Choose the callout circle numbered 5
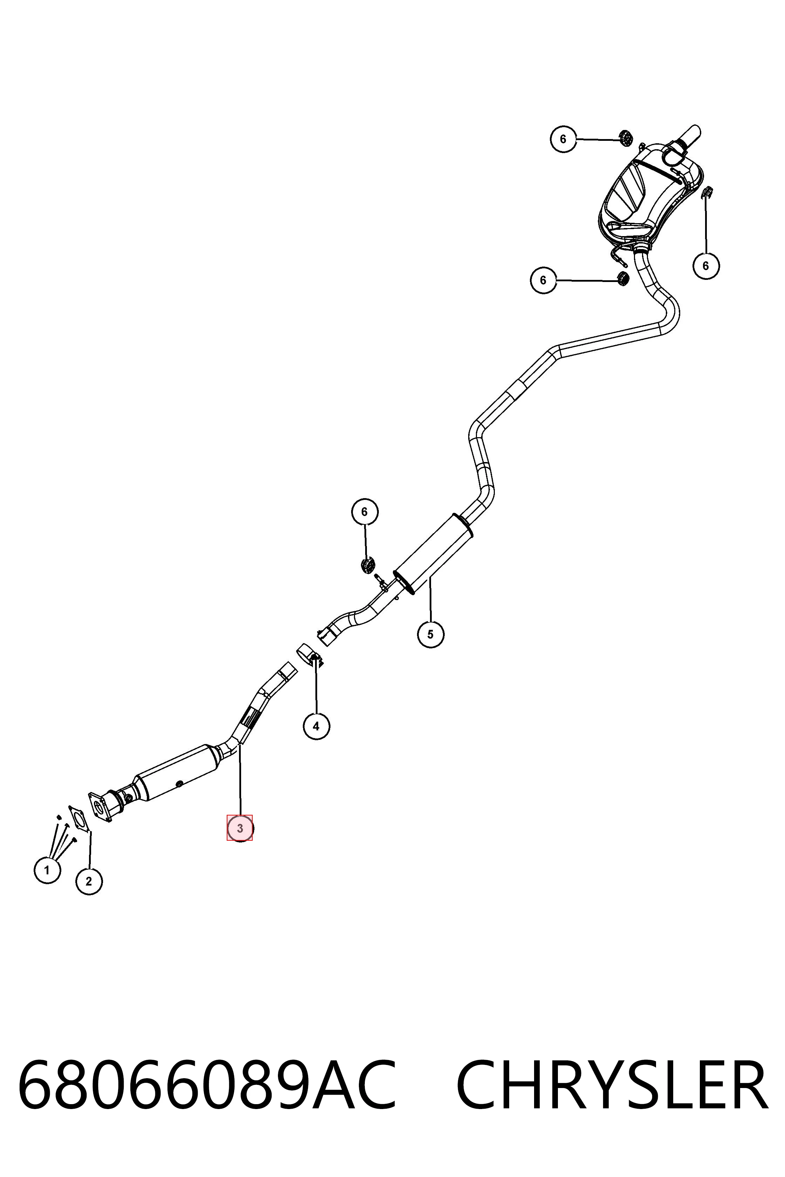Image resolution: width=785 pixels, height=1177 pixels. point(431,634)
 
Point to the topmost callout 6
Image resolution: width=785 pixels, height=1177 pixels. point(563,139)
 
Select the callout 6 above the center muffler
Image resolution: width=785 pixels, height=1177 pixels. point(364,511)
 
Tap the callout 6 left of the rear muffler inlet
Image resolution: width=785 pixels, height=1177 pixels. point(544,280)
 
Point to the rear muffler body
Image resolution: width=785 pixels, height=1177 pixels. point(651,195)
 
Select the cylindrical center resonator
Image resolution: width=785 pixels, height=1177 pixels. point(434,553)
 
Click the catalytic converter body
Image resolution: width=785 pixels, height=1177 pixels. point(178,773)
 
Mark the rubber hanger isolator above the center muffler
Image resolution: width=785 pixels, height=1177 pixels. point(368,565)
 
